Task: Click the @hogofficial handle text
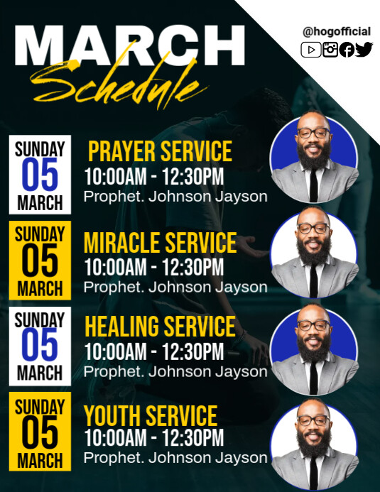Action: [337, 31]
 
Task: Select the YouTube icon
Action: [310, 50]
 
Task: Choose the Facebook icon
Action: [347, 50]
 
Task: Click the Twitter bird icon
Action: [364, 50]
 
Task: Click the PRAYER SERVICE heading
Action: [160, 151]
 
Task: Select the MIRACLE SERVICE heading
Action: [160, 244]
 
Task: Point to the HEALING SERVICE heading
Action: [160, 327]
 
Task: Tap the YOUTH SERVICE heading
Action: [151, 415]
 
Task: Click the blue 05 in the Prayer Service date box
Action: [40, 175]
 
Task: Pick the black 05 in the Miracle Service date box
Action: [40, 261]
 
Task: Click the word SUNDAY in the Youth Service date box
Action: [40, 407]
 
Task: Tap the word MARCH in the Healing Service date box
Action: [40, 373]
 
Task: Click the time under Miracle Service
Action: [153, 268]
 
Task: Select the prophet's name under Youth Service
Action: [175, 458]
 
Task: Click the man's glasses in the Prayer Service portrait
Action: [313, 133]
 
